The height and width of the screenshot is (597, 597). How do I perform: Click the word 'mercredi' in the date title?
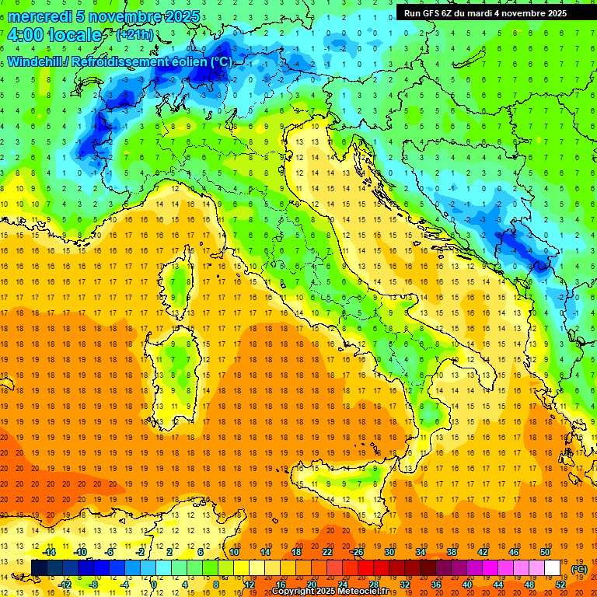pyautogui.click(x=40, y=16)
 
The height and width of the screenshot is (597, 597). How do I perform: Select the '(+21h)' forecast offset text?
pyautogui.click(x=134, y=36)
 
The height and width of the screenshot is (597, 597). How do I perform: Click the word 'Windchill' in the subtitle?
pyautogui.click(x=36, y=61)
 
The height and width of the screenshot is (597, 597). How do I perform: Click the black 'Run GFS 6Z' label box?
pyautogui.click(x=485, y=13)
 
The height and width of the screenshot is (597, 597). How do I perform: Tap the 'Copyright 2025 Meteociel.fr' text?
pyautogui.click(x=330, y=591)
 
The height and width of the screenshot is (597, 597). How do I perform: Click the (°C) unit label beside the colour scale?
pyautogui.click(x=578, y=569)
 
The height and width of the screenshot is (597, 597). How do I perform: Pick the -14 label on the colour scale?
pyautogui.click(x=49, y=552)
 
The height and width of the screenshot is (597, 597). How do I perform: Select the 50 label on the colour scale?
pyautogui.click(x=545, y=552)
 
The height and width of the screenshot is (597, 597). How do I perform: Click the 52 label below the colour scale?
pyautogui.click(x=560, y=585)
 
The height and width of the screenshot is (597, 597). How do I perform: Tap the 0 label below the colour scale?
pyautogui.click(x=154, y=585)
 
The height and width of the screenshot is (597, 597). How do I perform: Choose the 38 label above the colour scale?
pyautogui.click(x=451, y=552)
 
